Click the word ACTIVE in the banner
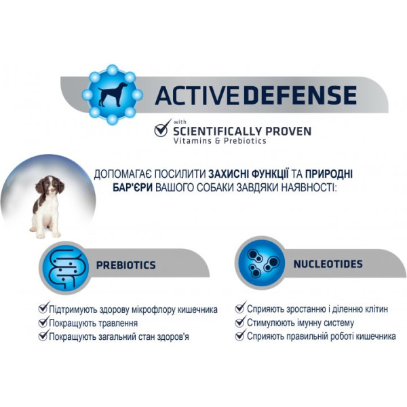[x=196, y=95]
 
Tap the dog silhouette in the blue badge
[x=112, y=94]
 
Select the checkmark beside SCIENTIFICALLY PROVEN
[x=163, y=128]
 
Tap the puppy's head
[x=50, y=185]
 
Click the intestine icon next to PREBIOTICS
[x=66, y=269]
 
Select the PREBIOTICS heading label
[x=126, y=265]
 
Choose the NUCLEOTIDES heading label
[x=328, y=264]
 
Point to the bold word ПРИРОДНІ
[x=329, y=174]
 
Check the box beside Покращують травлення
[x=43, y=322]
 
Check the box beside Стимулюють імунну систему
[x=240, y=322]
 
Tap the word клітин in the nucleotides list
[x=376, y=309]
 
